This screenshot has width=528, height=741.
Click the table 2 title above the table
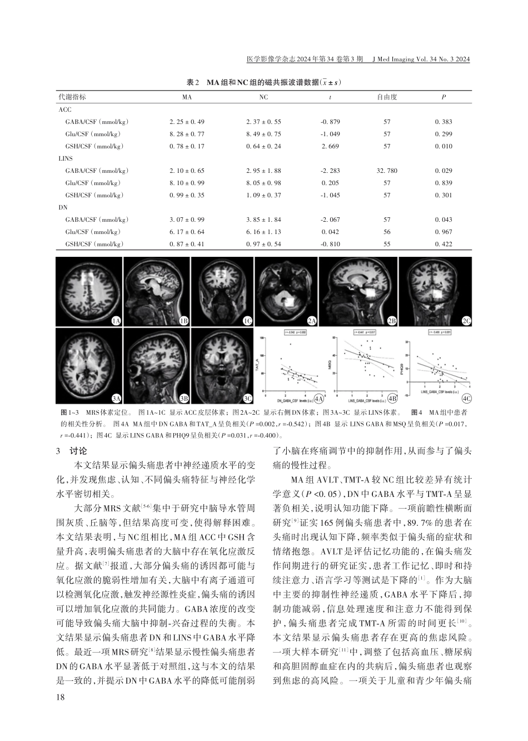pos(263,82)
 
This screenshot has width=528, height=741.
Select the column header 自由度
pos(387,97)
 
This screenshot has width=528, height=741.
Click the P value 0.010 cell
pos(444,146)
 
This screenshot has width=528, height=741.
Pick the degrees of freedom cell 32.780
pos(387,171)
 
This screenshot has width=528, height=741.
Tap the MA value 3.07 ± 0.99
pos(187,220)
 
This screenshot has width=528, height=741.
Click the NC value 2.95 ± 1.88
pos(263,171)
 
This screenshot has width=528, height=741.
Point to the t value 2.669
pos(331,146)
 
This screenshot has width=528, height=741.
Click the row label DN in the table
pos(63,207)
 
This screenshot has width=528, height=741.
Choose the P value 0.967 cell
pos(444,232)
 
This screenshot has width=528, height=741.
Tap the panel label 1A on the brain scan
pos(116,321)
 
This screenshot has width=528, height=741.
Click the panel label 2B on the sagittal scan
pos(392,321)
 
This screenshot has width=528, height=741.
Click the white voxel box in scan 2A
pos(290,301)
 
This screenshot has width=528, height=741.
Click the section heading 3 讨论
pos(69,451)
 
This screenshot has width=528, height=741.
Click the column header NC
pos(263,97)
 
